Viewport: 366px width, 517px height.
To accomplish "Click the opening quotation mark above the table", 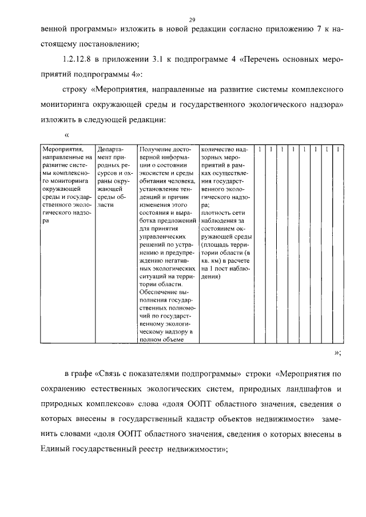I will point(67,135).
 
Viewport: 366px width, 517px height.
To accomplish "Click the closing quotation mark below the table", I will point(337,352).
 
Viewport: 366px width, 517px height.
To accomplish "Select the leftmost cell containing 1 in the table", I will point(260,150).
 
